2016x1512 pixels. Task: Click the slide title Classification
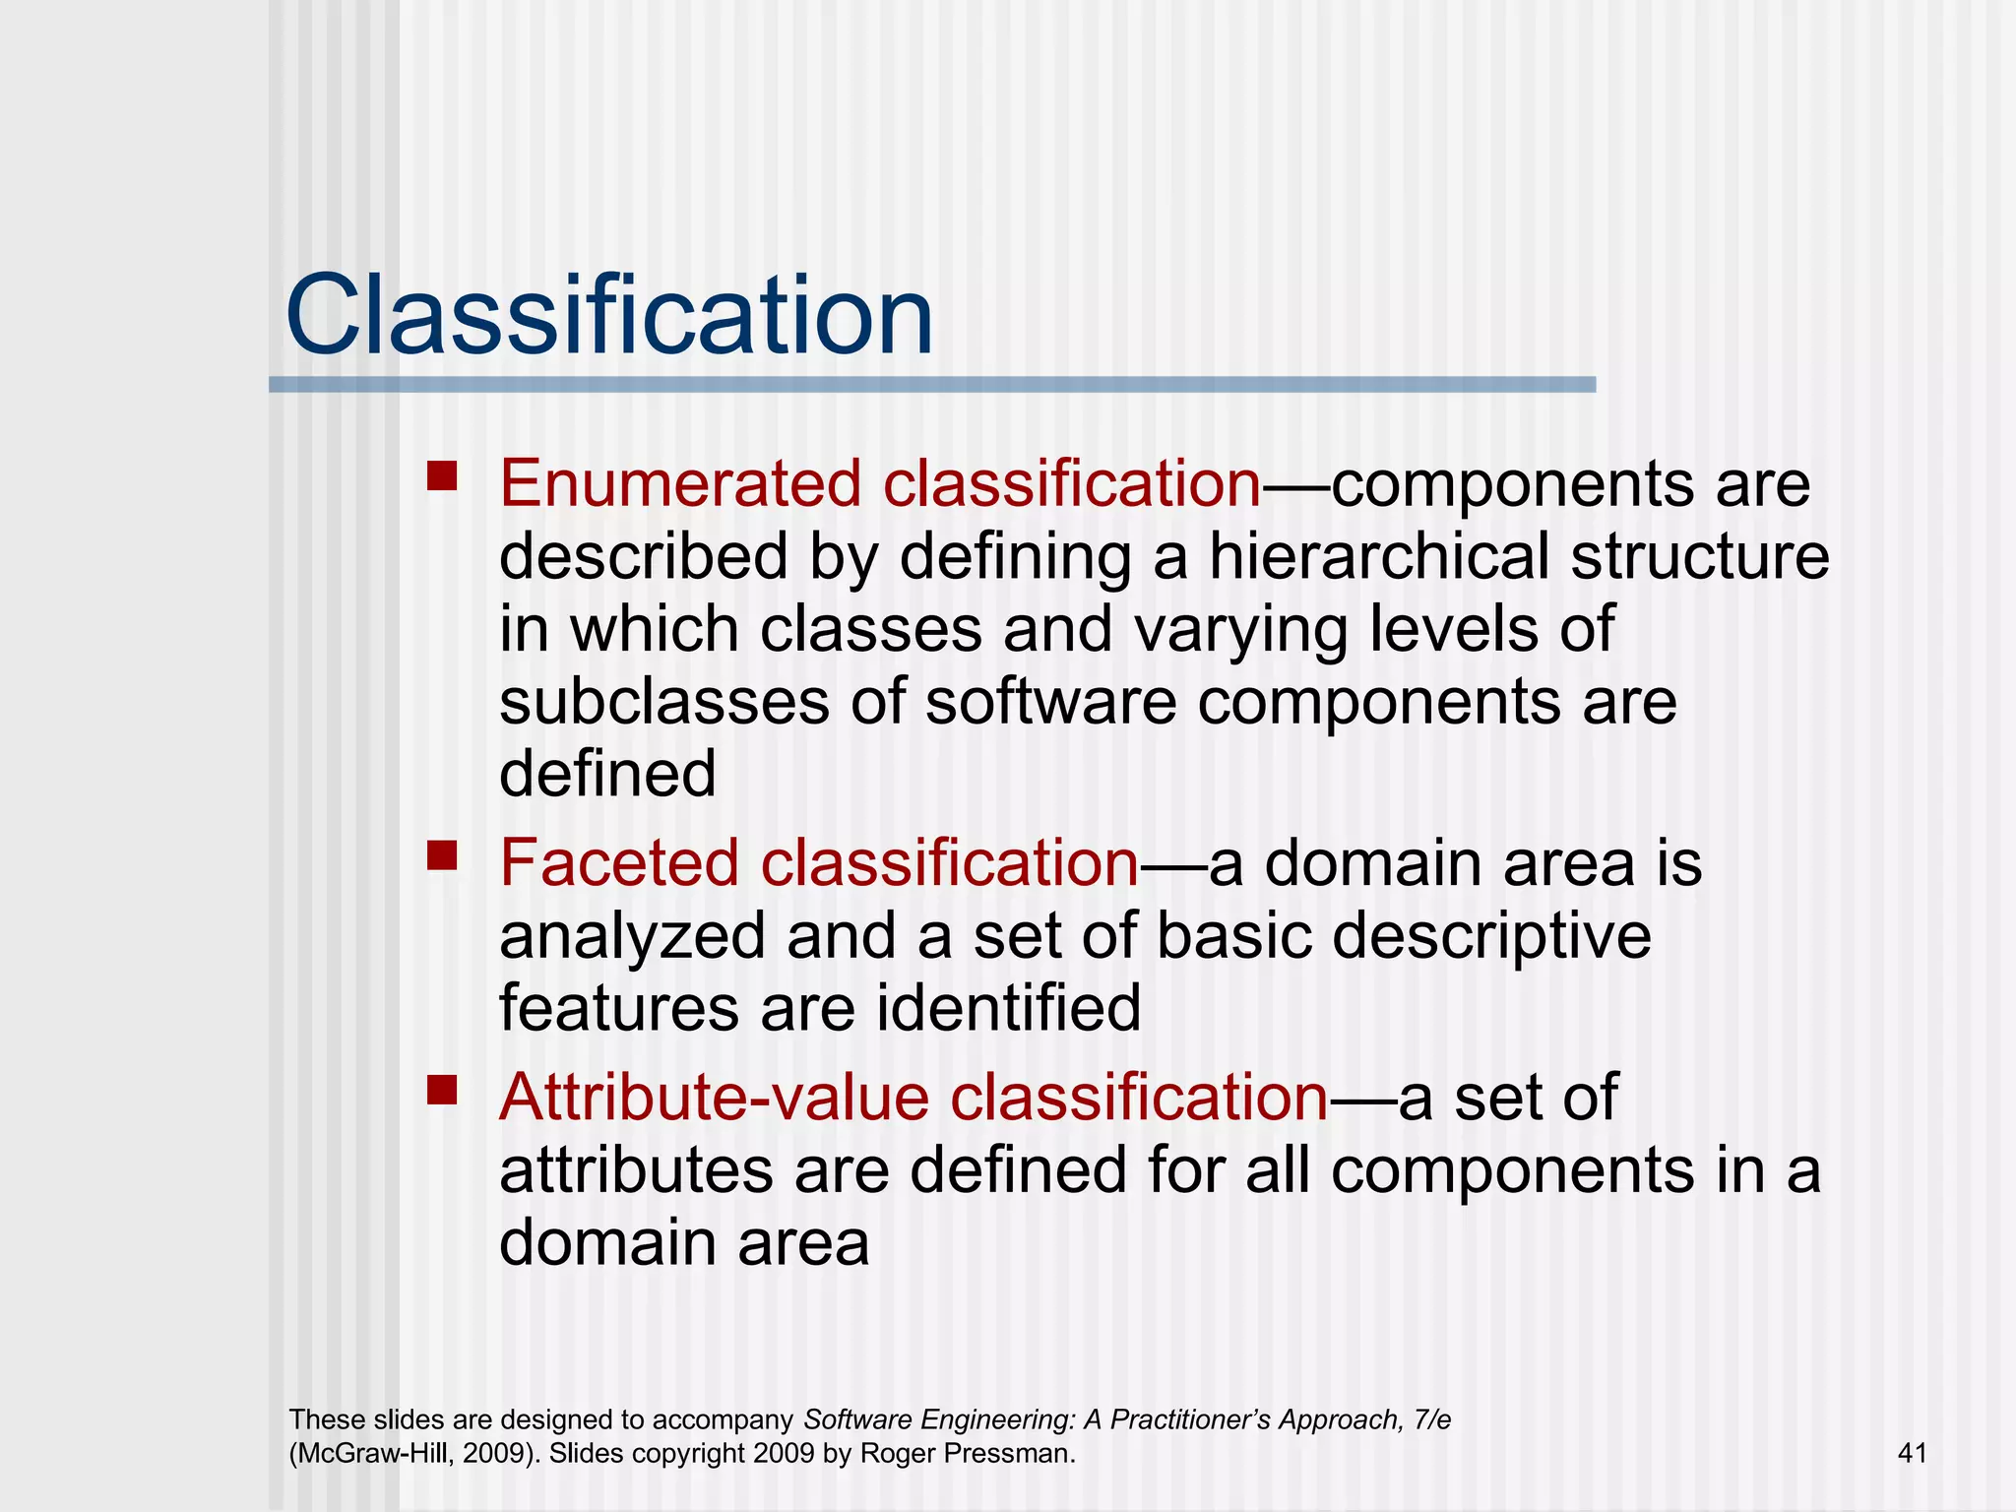[x=608, y=317]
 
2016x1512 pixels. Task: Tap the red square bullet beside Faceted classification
[x=443, y=855]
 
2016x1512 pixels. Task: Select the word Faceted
[x=618, y=863]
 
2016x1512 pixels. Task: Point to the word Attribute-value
[x=714, y=1098]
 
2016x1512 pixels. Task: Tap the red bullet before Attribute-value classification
[x=443, y=1090]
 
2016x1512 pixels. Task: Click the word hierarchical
[x=1378, y=557]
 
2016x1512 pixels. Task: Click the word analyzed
[x=632, y=936]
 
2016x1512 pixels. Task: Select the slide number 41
[x=1912, y=1453]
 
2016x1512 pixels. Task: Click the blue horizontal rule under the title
[x=931, y=385]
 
